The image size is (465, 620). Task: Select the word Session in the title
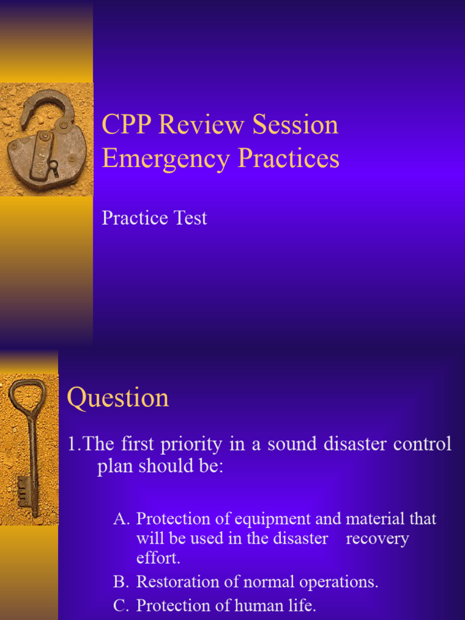295,125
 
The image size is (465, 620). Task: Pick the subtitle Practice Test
154,218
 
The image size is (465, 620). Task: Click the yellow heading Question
118,398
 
